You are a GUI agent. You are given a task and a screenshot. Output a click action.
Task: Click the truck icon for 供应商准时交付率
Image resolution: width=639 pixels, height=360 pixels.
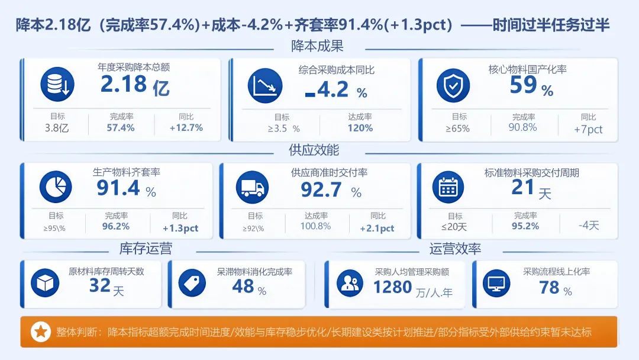[x=252, y=188]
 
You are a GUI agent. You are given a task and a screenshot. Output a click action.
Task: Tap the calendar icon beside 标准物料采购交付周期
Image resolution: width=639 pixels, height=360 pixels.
[x=448, y=188]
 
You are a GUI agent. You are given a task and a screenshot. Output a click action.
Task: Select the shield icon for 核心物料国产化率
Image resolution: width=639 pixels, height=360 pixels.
[x=453, y=85]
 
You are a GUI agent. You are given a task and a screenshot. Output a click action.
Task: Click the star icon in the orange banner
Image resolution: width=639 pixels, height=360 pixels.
[x=41, y=332]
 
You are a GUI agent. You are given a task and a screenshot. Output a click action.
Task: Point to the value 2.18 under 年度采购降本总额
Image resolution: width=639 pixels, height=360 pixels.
[x=124, y=85]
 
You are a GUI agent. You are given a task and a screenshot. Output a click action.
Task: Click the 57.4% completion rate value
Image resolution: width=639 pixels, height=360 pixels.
[x=121, y=128]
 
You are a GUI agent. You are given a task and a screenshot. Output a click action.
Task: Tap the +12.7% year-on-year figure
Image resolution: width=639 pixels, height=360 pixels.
[x=186, y=128]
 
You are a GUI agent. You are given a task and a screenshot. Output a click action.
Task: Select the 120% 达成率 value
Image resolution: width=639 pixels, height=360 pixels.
[x=360, y=128]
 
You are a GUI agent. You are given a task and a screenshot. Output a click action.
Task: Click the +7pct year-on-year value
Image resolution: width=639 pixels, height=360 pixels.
[x=588, y=129]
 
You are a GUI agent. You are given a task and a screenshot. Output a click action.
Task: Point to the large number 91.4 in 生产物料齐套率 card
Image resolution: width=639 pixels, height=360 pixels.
[x=118, y=188]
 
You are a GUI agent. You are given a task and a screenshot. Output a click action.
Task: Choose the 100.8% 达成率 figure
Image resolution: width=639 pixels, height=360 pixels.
[x=316, y=226]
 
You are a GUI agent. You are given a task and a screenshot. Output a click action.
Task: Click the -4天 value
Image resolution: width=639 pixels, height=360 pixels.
[x=589, y=226]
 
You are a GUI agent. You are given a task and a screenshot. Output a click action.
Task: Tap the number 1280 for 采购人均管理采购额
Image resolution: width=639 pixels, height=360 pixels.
[x=393, y=287]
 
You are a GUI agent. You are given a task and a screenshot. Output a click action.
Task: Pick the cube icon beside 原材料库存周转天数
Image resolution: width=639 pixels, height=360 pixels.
[x=45, y=283]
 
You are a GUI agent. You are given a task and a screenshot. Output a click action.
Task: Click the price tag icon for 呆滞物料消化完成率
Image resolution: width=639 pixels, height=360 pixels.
[x=192, y=283]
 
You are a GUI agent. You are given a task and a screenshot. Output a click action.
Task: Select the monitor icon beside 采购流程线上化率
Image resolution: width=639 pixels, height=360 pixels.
[x=496, y=283]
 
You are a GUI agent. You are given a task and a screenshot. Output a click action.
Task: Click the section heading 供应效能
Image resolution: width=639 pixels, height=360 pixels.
[x=314, y=150]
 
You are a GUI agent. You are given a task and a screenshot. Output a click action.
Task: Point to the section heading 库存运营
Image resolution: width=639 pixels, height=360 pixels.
[x=146, y=248]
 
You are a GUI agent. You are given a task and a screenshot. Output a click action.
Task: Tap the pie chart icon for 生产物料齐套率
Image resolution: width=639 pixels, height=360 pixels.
[x=56, y=187]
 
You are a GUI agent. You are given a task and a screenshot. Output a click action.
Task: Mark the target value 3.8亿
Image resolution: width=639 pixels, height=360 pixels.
[x=57, y=128]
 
